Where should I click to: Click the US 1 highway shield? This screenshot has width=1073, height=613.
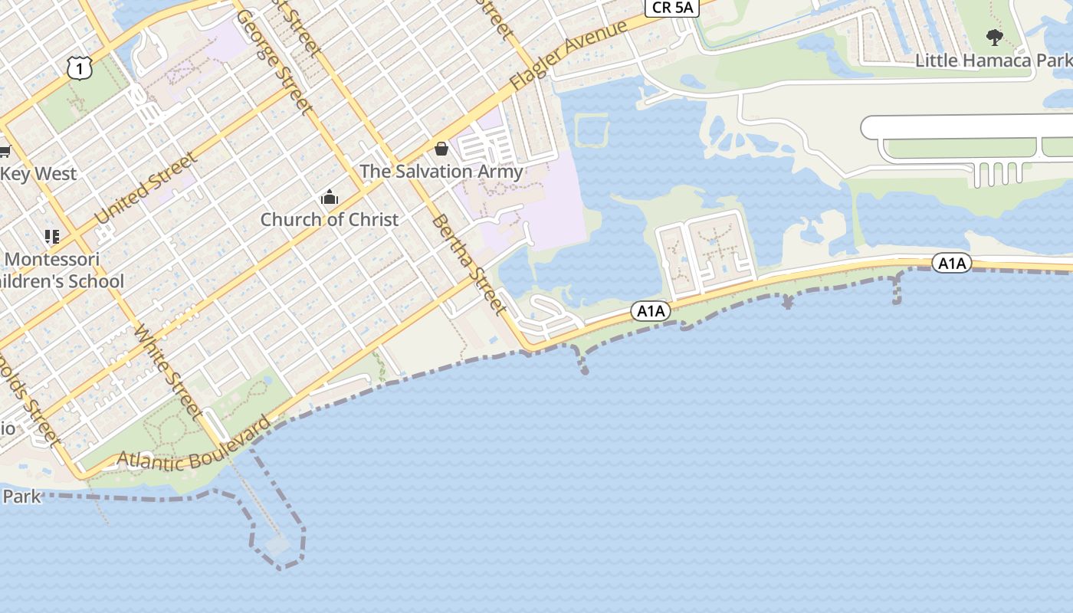tap(80, 70)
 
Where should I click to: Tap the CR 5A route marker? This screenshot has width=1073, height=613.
tap(672, 8)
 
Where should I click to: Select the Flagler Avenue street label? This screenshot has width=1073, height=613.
tap(569, 55)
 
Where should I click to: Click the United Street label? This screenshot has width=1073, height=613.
tap(146, 189)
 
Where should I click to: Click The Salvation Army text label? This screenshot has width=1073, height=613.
tap(441, 172)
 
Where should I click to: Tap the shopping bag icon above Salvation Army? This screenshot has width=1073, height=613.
tap(441, 149)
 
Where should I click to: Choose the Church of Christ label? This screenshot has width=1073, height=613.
tap(330, 220)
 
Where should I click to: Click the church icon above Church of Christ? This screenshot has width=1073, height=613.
tap(330, 198)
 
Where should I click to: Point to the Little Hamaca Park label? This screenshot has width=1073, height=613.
tap(993, 61)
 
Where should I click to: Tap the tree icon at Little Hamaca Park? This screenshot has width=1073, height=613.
tap(994, 37)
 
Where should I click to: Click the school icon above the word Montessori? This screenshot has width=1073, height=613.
tap(51, 237)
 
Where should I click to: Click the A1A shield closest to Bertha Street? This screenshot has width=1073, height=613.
tap(651, 310)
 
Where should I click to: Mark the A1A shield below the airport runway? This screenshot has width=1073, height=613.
tap(952, 264)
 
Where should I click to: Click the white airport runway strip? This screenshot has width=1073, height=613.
tap(966, 127)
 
